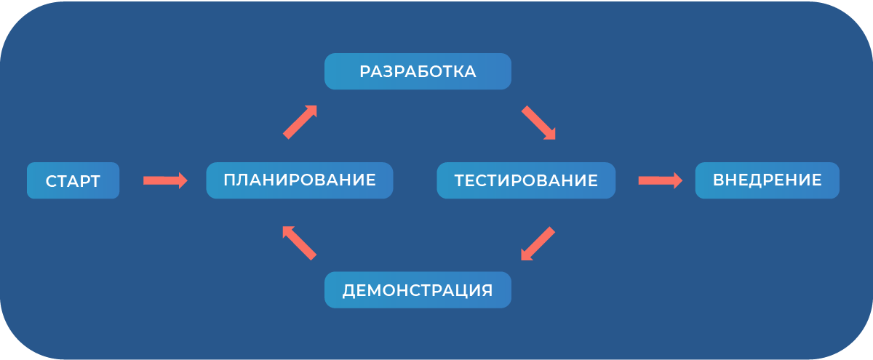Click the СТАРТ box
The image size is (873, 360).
click(73, 180)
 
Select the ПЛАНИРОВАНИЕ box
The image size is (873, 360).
click(299, 180)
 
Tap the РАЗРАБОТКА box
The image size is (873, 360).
click(418, 71)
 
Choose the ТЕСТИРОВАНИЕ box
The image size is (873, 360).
click(526, 180)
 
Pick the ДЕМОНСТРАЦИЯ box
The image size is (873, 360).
click(418, 290)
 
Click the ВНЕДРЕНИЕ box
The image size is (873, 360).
click(768, 180)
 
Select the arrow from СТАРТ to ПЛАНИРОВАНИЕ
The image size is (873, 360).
click(165, 180)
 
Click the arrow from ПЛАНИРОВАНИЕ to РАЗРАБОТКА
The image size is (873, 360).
click(300, 122)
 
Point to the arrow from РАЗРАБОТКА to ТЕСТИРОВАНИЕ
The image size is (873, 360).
click(538, 122)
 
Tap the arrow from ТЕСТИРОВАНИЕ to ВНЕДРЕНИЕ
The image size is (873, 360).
click(661, 180)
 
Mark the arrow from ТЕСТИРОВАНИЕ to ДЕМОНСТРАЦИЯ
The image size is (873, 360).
click(538, 244)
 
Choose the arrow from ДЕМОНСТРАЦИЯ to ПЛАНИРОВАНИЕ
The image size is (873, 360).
click(299, 243)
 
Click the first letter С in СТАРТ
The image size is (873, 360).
click(51, 181)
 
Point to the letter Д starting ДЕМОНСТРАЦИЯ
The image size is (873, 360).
click(348, 291)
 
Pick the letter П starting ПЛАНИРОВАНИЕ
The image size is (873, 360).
click(229, 180)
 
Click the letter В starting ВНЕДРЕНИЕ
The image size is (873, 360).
click(718, 180)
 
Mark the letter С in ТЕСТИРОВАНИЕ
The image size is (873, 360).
click(482, 181)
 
